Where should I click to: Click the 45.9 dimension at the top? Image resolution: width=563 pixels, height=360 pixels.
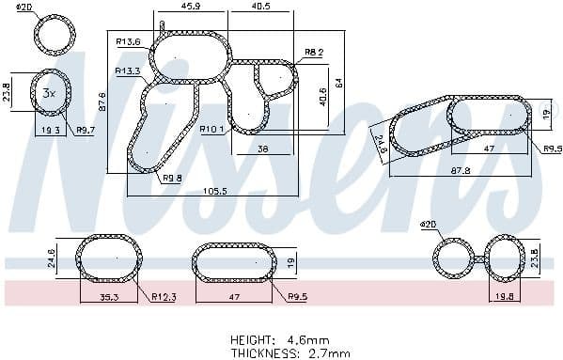(x=191, y=7)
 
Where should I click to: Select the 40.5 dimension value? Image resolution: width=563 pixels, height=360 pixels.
(x=261, y=7)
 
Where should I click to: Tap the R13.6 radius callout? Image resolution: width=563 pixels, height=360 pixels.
(x=128, y=41)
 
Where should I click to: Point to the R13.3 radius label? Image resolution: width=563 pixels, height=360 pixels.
(x=128, y=70)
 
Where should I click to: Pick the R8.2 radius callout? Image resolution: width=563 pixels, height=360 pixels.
(x=314, y=52)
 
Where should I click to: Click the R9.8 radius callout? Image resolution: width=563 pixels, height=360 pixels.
(x=172, y=178)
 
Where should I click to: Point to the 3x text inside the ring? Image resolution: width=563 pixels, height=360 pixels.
(x=49, y=93)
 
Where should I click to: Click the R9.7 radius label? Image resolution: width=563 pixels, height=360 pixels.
(x=86, y=131)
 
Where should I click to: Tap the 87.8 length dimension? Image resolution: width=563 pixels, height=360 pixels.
(x=459, y=171)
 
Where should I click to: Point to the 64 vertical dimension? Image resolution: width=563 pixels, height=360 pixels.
(x=342, y=81)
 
